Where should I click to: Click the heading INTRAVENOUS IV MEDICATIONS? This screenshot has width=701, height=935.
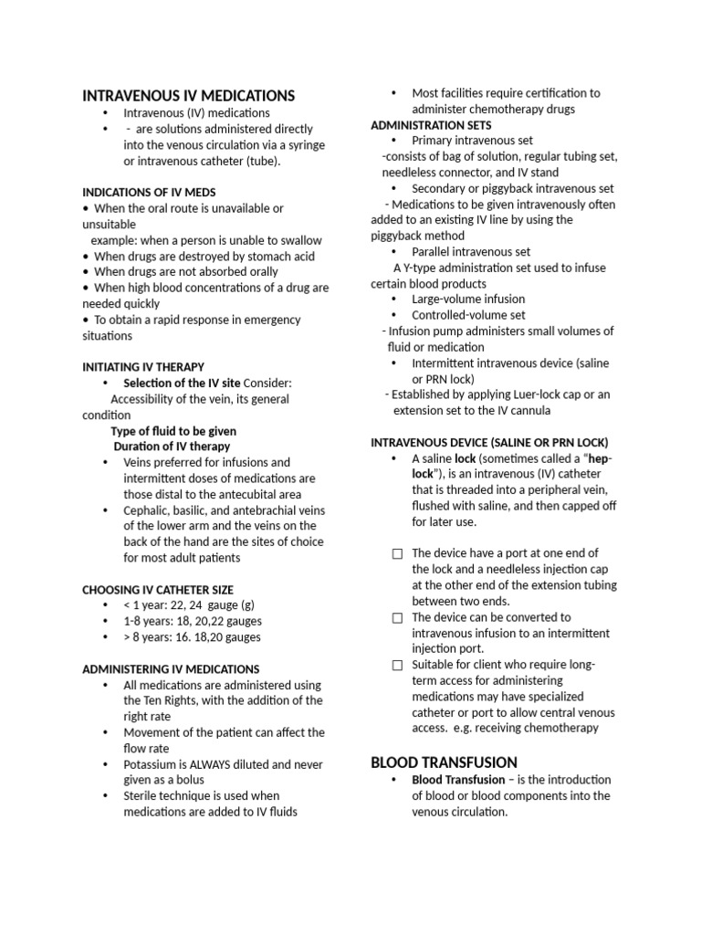pyautogui.click(x=189, y=95)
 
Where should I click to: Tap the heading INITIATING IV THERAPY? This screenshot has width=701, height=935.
pyautogui.click(x=143, y=366)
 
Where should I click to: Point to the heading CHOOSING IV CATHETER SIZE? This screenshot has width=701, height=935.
pyautogui.click(x=158, y=589)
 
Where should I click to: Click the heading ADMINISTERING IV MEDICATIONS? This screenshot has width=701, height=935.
pyautogui.click(x=171, y=668)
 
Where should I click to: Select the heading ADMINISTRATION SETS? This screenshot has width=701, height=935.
pyautogui.click(x=431, y=125)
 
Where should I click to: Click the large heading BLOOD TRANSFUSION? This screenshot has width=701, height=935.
pyautogui.click(x=444, y=762)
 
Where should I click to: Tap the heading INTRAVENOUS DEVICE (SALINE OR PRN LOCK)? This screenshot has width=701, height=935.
pyautogui.click(x=489, y=442)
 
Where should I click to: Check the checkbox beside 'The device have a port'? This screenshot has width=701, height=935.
pyautogui.click(x=397, y=554)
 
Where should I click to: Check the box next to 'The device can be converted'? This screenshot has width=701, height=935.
pyautogui.click(x=397, y=618)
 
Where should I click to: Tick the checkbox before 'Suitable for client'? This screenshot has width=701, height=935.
pyautogui.click(x=397, y=666)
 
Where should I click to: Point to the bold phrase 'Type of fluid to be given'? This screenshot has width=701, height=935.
pyautogui.click(x=173, y=431)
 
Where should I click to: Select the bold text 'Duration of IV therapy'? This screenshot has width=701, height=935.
pyautogui.click(x=172, y=446)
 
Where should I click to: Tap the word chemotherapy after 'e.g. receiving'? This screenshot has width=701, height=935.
pyautogui.click(x=559, y=728)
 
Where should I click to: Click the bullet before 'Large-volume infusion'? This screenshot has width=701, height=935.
pyautogui.click(x=393, y=299)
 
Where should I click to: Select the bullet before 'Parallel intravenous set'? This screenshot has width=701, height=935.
pyautogui.click(x=393, y=252)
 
